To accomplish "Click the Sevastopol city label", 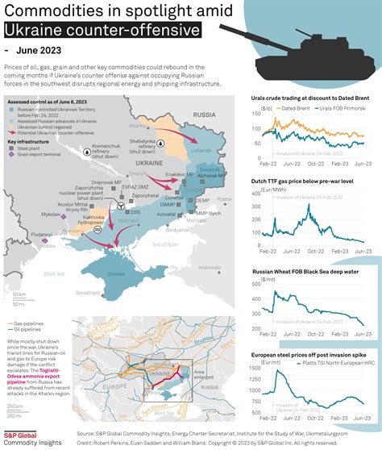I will pos(89,293).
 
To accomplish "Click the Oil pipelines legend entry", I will pos(28,329).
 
